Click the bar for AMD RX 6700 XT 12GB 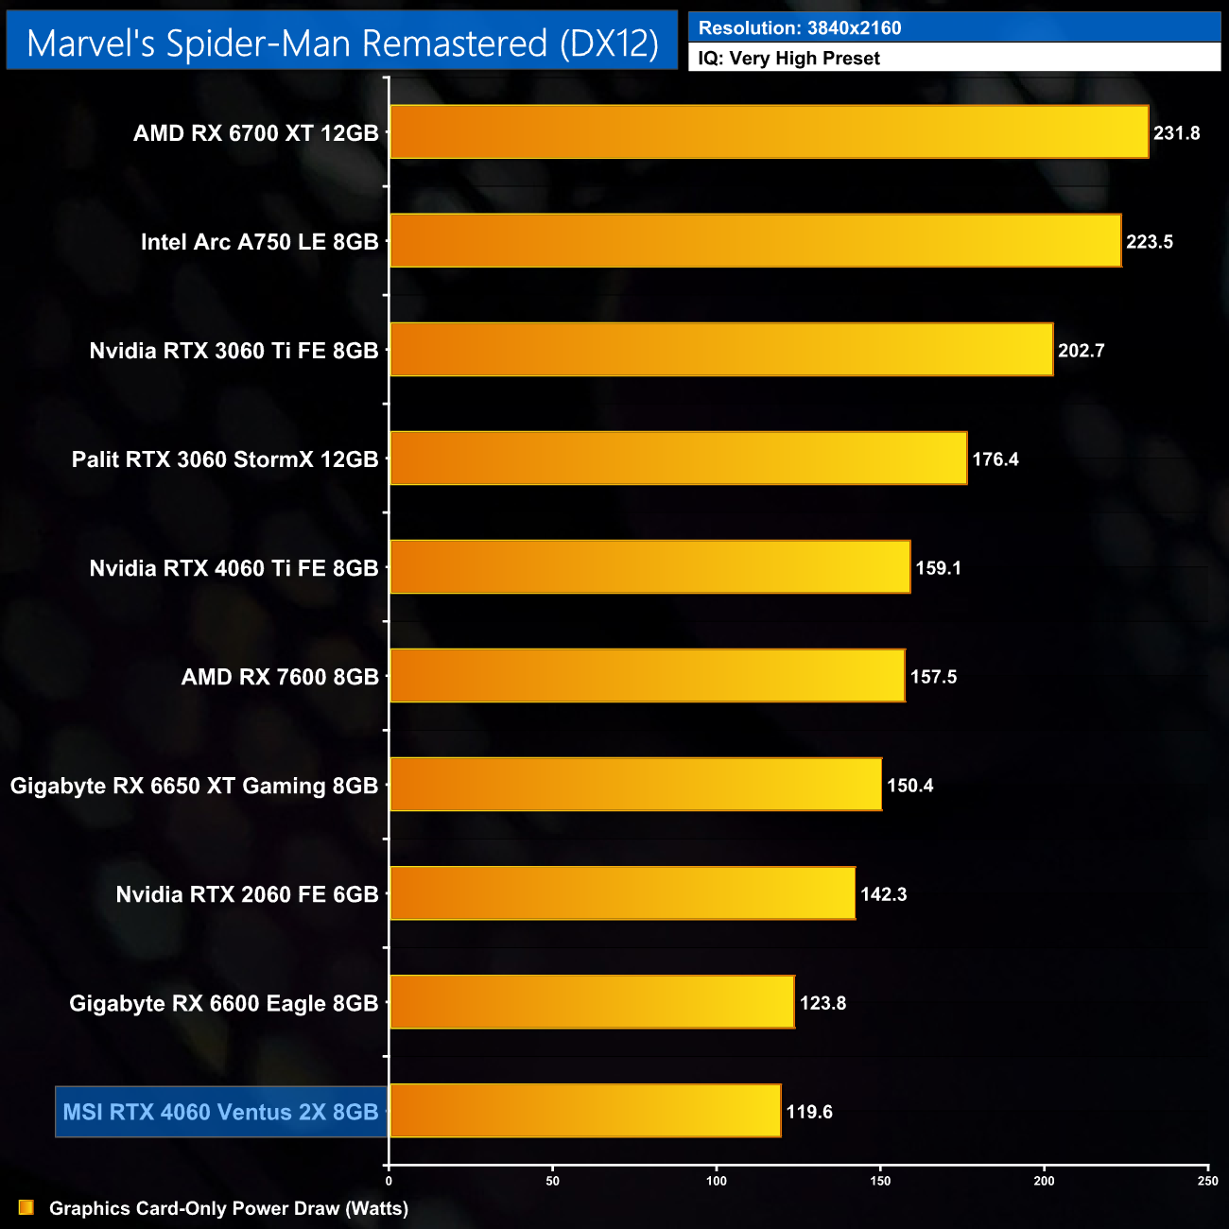(769, 132)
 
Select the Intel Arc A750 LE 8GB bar (755, 241)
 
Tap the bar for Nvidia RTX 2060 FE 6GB (622, 893)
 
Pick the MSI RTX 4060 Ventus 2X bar (585, 1111)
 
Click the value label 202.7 (1082, 351)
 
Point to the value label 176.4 (995, 459)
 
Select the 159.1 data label (938, 568)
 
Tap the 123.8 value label (822, 1003)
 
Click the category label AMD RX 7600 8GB (280, 677)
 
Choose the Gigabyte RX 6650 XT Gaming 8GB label (194, 786)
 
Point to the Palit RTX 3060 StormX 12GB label (225, 459)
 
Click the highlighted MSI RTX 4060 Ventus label (220, 1112)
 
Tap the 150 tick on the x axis (880, 1181)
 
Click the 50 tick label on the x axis (553, 1181)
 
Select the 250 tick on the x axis (1207, 1181)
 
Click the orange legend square (26, 1208)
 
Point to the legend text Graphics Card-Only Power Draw (229, 1208)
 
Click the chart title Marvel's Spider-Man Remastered (342, 43)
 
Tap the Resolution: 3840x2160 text (800, 28)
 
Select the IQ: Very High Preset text (788, 59)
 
